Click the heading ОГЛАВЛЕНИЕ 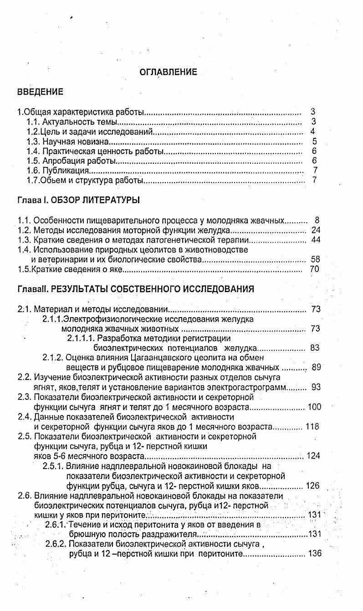tap(168, 72)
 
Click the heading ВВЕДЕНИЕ tap(40, 92)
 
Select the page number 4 tap(313, 131)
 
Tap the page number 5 tap(314, 141)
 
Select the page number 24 tap(316, 230)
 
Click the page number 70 tap(315, 269)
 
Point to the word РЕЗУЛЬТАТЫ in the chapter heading tap(80, 289)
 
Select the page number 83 tap(315, 348)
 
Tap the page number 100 tap(314, 407)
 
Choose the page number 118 tap(313, 426)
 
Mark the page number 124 tap(314, 456)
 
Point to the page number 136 tap(315, 554)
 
